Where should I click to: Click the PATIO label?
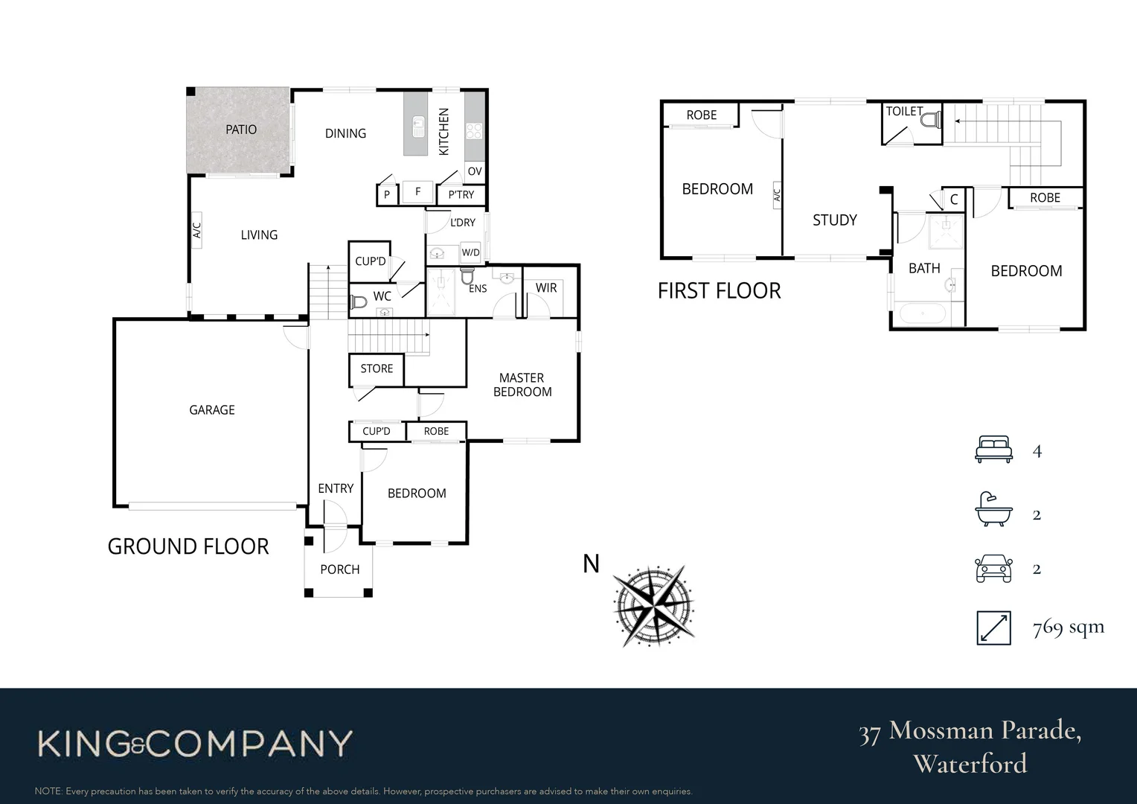[241, 130]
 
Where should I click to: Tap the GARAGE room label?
[211, 410]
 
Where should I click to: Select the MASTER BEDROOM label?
[522, 385]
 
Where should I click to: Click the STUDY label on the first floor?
[834, 220]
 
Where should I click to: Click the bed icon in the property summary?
[993, 450]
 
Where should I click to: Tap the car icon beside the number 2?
[993, 569]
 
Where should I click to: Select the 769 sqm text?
[1068, 628]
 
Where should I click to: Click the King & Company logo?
[195, 744]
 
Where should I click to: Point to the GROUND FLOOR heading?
[188, 546]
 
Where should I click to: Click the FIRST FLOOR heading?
[719, 291]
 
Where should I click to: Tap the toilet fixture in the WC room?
[359, 302]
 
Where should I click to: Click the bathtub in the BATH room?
[923, 313]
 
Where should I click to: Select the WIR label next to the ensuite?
[545, 288]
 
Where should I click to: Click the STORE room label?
[377, 368]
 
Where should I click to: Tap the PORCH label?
[339, 569]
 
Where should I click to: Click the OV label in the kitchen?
[475, 171]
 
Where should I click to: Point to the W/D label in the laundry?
[470, 252]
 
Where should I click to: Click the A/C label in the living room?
[197, 230]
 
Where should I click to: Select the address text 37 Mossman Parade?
[970, 731]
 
